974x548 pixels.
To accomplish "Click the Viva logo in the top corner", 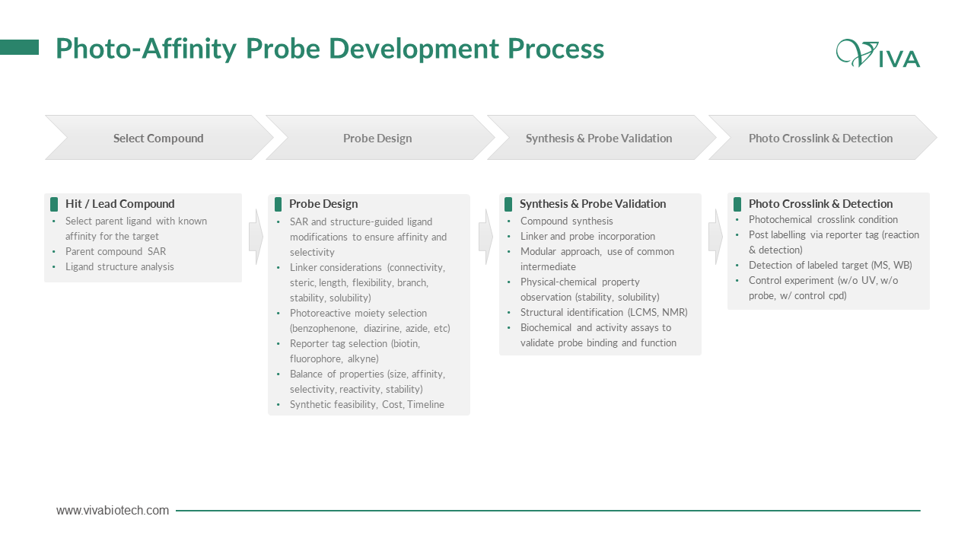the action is coord(877,53).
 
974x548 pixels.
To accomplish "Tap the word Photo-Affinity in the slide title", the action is coord(146,49).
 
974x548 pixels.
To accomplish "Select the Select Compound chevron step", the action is coord(159,138).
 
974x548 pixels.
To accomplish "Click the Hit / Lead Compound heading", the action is coord(120,203).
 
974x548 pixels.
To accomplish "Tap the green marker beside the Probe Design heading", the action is coord(279,204).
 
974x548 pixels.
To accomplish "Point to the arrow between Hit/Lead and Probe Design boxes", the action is coord(256,237).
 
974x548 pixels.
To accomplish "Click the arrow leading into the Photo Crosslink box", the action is coord(716,237).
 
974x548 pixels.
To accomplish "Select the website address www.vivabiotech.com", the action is coord(112,510).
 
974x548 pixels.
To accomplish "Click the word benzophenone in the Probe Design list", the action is coord(323,328).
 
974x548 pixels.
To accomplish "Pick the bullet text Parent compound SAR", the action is coord(116,251).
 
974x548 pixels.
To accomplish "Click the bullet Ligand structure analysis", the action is coord(119,266).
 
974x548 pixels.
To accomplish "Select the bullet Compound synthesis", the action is coord(567,221).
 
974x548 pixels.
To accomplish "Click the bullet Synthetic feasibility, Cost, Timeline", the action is coord(367,404).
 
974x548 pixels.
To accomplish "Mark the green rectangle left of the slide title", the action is coord(19,47).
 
